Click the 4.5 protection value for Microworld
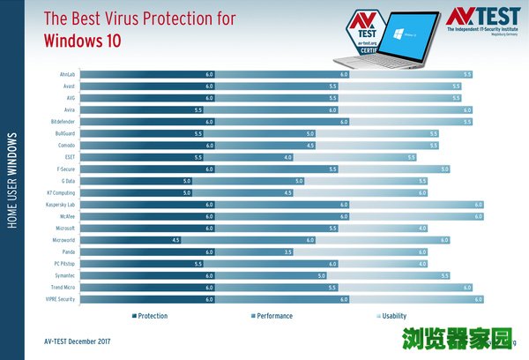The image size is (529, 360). [176, 240]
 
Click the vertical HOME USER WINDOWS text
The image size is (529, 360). [12, 182]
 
